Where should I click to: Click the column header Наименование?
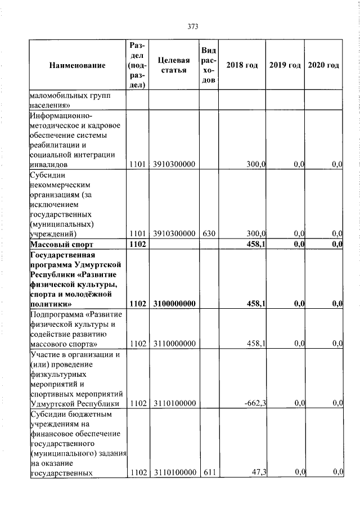tap(78, 66)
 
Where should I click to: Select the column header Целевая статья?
tap(173, 66)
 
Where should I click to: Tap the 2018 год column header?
tap(242, 66)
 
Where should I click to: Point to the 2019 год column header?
tap(285, 66)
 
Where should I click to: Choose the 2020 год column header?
tap(323, 66)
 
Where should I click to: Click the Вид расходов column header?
tap(208, 66)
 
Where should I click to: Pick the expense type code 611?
tap(208, 472)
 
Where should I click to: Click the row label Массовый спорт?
tap(62, 244)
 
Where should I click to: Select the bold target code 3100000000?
tap(173, 304)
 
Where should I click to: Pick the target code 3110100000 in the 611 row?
tap(173, 472)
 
